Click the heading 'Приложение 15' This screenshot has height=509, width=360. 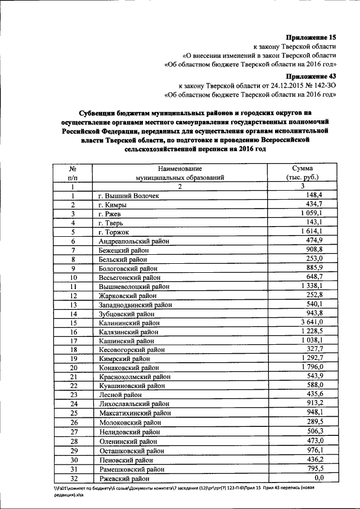tap(309, 37)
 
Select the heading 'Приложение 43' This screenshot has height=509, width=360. tap(309, 76)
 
